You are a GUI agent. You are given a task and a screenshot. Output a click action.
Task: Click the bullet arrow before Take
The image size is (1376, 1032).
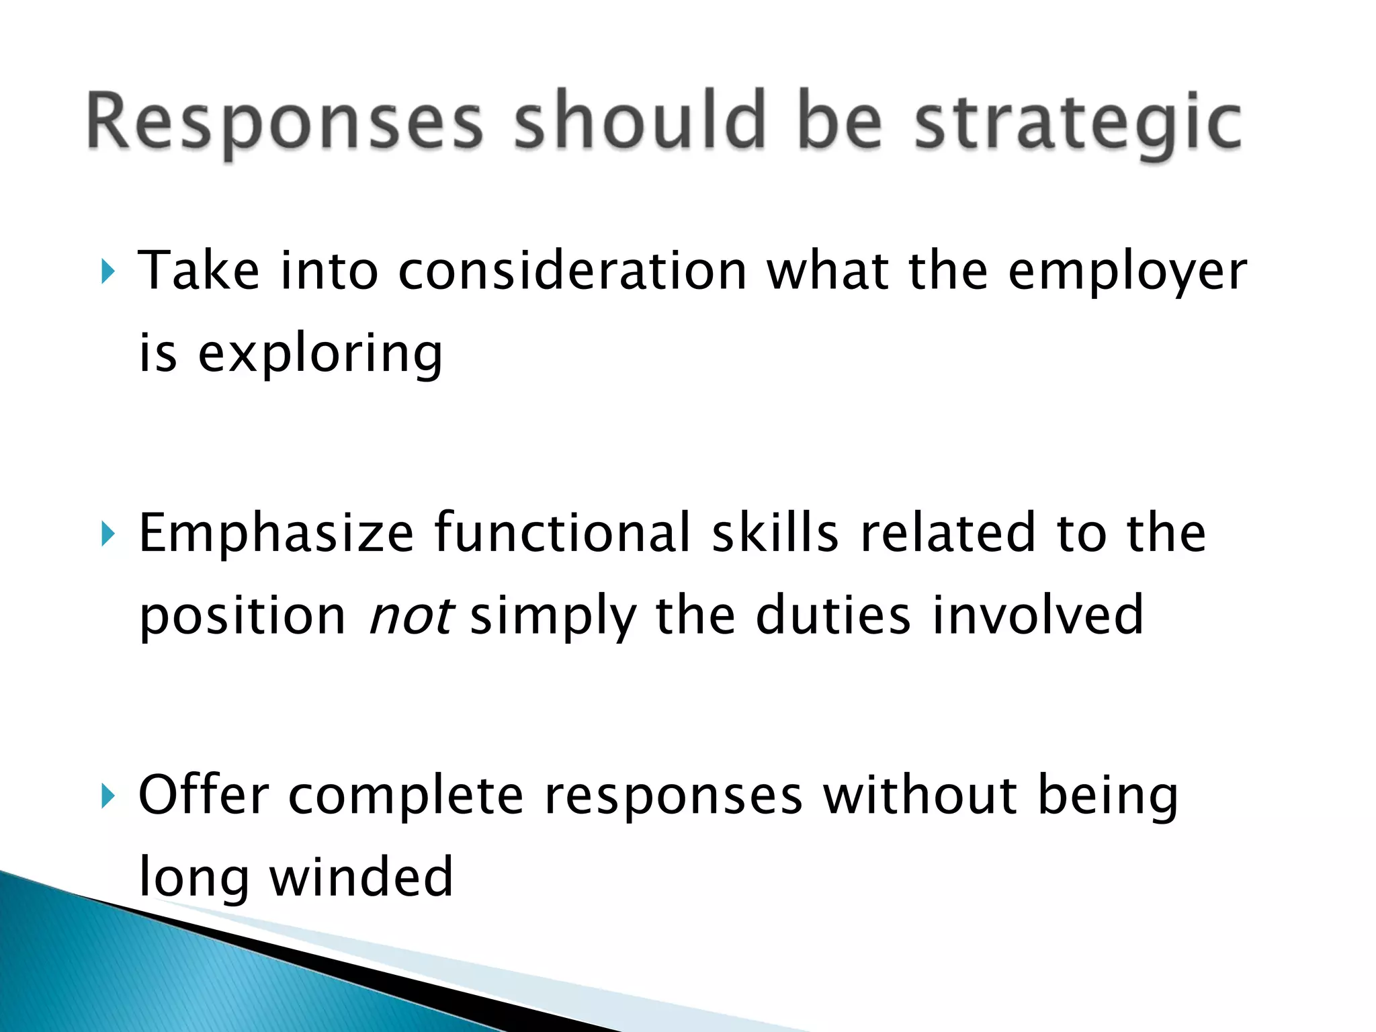click(x=107, y=272)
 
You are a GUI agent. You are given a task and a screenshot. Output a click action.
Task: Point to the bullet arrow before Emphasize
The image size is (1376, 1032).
click(x=107, y=534)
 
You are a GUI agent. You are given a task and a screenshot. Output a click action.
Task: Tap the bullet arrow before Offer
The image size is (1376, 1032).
click(x=107, y=796)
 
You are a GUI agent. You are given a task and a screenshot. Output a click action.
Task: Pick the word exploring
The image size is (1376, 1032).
click(x=320, y=355)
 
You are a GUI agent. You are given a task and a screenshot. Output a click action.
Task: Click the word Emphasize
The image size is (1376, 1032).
click(x=276, y=534)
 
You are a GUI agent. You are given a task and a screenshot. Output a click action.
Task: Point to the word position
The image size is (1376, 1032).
click(x=243, y=617)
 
